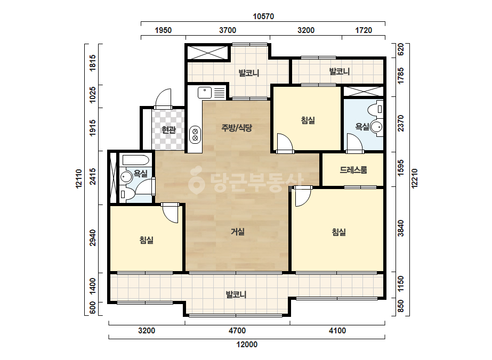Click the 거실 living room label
coord(238,232)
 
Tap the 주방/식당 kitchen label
coord(237,128)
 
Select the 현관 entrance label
coord(168,129)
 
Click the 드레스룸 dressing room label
coord(353,170)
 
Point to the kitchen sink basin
coord(205,93)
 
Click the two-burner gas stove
coord(195,135)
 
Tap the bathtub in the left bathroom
coord(135,160)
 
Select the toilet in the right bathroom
coord(375,109)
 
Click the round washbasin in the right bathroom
coord(376,127)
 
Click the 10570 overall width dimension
coord(263,17)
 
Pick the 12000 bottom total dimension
coord(247,345)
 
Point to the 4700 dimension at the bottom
coord(237,331)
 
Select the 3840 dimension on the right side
coord(401,228)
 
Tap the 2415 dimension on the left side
coord(93,176)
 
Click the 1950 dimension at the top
coord(163,30)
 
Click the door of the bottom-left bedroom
coord(170,213)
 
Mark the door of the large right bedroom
coord(303,197)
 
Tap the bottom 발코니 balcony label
coord(236,295)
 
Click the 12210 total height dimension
coord(415,178)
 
